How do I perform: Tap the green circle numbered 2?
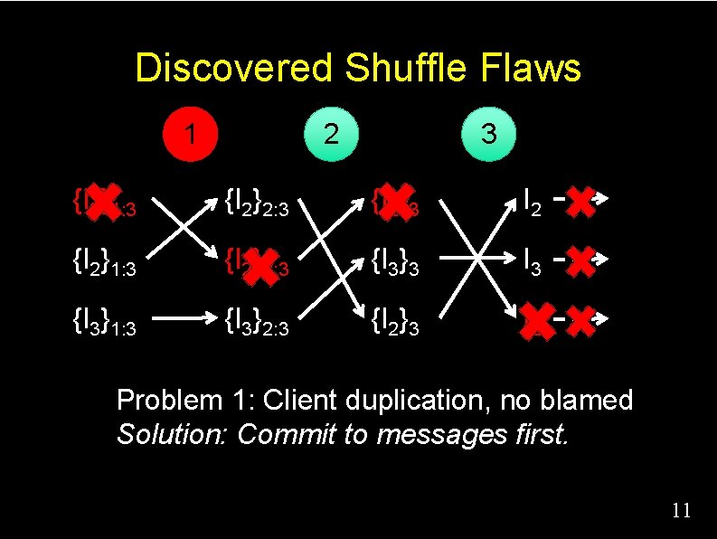(x=332, y=134)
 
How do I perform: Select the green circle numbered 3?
(x=488, y=134)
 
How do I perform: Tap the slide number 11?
(x=682, y=511)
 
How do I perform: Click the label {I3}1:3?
(x=104, y=324)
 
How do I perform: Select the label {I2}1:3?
(x=104, y=265)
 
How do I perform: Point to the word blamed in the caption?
(x=591, y=400)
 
